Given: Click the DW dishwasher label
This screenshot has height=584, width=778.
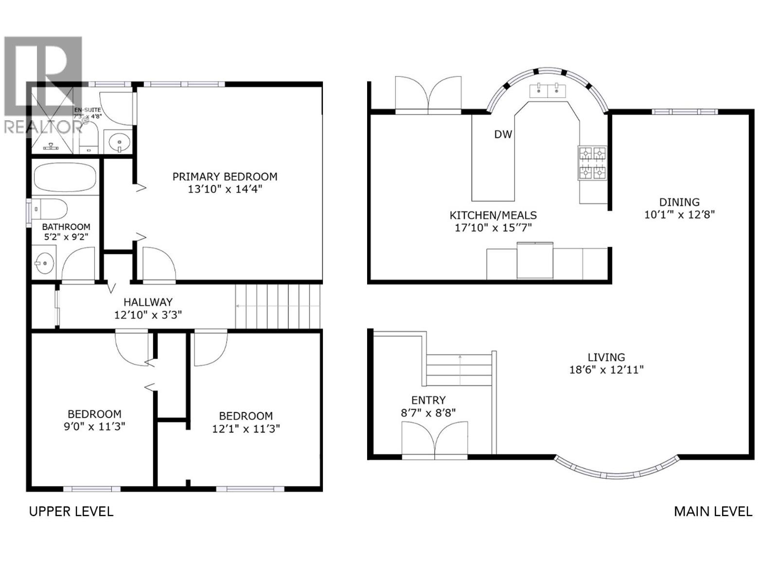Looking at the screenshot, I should click(503, 134).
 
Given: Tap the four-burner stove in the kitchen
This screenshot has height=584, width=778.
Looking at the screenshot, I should click(592, 163).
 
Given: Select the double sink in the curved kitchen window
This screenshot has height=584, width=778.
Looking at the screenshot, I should click(548, 90).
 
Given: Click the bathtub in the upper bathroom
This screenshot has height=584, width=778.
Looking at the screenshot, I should click(65, 178).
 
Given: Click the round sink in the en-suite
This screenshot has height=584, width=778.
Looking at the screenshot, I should click(119, 142).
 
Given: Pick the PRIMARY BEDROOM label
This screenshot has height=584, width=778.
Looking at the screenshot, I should click(225, 177).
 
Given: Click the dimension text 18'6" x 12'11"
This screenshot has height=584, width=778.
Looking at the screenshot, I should click(606, 370).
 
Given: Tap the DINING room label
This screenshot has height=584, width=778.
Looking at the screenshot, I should click(679, 202).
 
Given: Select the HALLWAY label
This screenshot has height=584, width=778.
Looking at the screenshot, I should click(148, 302).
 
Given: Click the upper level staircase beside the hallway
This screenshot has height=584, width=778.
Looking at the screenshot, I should click(279, 306).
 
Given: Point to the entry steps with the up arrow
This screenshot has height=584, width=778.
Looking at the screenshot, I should click(460, 370).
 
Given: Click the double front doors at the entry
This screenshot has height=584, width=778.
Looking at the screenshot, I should click(435, 440).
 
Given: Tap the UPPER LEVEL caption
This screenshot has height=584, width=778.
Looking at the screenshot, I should click(71, 511).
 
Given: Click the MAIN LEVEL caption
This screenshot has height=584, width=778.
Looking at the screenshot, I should click(713, 511).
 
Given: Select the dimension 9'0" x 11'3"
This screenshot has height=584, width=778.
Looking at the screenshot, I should click(94, 427).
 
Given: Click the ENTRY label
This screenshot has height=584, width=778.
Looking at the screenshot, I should click(428, 400).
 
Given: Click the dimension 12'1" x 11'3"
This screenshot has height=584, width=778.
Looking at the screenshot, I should click(246, 429).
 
